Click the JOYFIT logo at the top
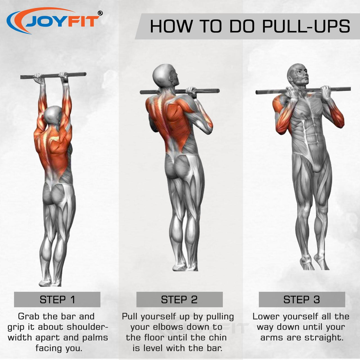pyautogui.click(x=54, y=21)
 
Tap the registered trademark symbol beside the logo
pyautogui.click(x=100, y=13)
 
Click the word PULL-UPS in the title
pyautogui.click(x=306, y=26)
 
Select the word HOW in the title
pyautogui.click(x=171, y=26)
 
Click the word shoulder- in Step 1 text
pyautogui.click(x=87, y=327)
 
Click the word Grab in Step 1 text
pyautogui.click(x=29, y=316)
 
